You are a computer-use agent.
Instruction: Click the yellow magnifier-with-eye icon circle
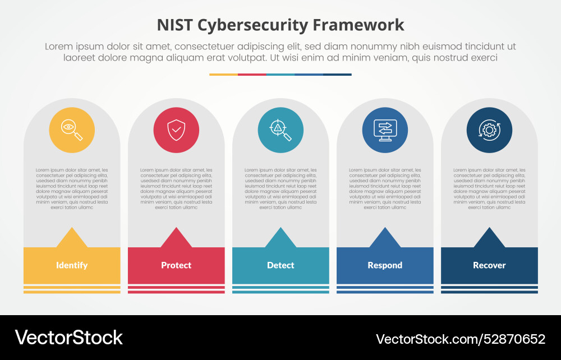tap(72, 130)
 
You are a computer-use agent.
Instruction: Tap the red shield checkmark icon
tap(176, 130)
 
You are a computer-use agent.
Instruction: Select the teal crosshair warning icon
tap(280, 130)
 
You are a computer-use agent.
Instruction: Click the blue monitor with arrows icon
tap(385, 130)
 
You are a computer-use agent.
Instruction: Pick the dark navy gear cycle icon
tap(489, 130)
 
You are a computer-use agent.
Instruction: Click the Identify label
tap(72, 265)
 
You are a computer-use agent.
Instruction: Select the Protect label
tap(176, 265)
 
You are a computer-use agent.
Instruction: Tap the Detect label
tap(280, 265)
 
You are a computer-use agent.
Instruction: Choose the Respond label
tap(385, 265)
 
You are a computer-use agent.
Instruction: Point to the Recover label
tap(489, 265)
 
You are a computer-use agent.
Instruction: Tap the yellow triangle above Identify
tap(72, 239)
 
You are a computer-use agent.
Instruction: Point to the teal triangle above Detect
tap(280, 239)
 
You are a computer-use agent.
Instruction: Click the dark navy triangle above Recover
tap(489, 239)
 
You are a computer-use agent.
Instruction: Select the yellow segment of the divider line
tap(223, 74)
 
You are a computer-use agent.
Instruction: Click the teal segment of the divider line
tap(280, 74)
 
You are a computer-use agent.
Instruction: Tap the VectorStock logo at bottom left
tap(68, 338)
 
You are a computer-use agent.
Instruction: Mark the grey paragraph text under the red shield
tap(176, 188)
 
